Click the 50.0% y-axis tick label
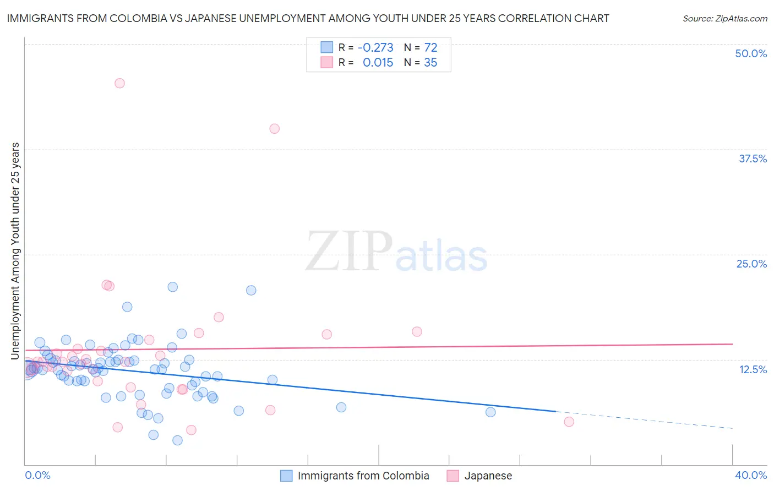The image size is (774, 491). tap(751, 53)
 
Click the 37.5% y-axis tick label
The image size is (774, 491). tap(753, 159)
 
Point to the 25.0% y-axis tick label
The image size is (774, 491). tap(751, 264)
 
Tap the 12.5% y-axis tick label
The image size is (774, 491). tap(753, 369)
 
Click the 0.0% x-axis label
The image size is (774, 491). tap(37, 475)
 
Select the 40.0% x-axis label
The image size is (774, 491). tap(750, 475)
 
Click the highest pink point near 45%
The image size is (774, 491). tap(119, 83)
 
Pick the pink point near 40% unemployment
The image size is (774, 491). tap(274, 129)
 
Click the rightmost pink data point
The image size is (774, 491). tap(569, 422)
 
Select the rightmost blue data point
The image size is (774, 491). tap(490, 412)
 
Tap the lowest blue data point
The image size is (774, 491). tap(177, 440)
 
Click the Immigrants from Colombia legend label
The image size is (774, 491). tap(363, 476)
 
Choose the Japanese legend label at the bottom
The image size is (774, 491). tap(488, 476)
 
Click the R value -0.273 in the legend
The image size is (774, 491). tap(375, 47)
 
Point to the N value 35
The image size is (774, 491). tap(430, 63)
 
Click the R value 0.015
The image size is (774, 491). tap(378, 63)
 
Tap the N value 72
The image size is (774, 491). tap(430, 47)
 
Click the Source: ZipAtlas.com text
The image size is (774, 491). tap(724, 19)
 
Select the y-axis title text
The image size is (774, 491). tap(15, 251)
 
